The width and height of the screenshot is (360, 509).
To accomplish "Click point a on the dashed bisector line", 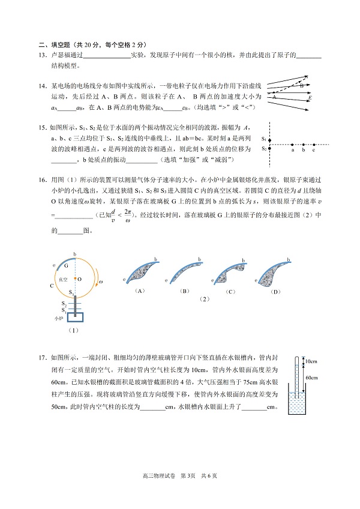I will coord(292,144).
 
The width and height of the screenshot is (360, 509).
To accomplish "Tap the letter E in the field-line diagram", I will coord(309,97).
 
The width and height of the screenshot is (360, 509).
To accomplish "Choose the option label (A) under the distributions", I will coord(141,291).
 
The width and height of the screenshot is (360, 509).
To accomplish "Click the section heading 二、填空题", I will coord(57,45).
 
